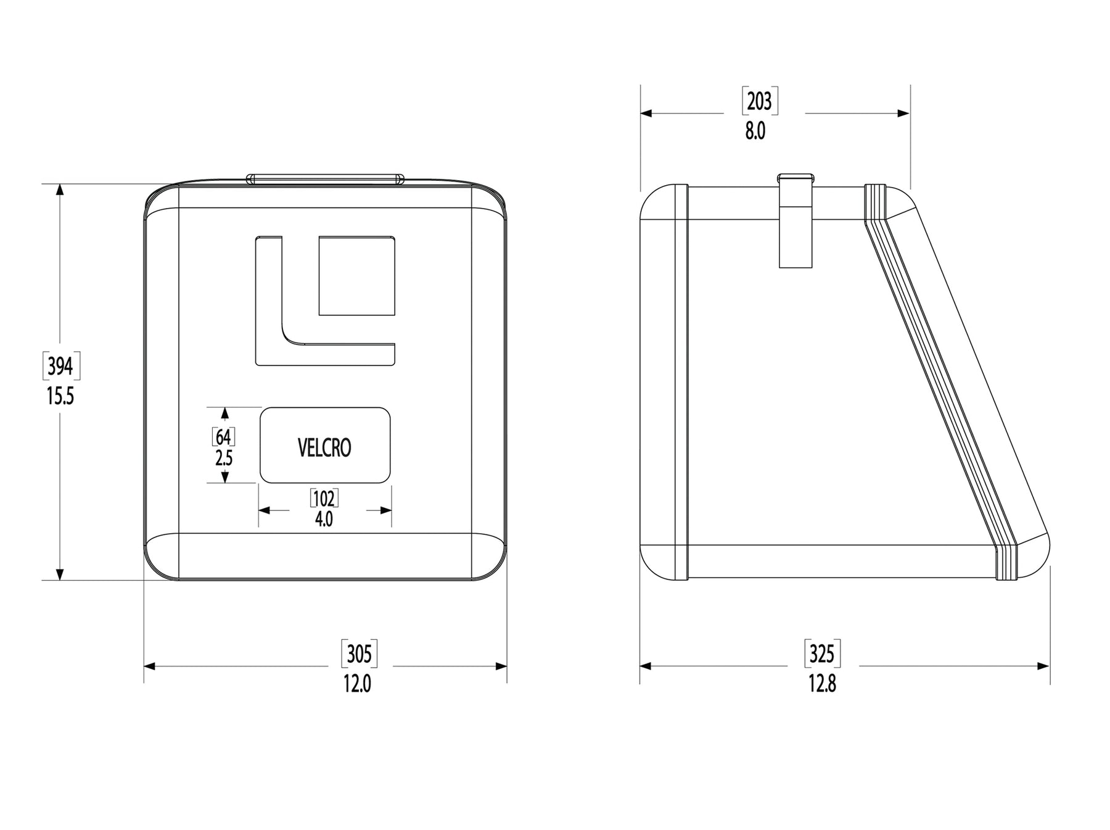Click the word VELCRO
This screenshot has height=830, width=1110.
point(324,447)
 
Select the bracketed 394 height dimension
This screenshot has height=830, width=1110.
point(60,367)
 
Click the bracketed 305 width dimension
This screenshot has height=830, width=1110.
point(360,654)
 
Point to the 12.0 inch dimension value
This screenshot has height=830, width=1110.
point(358,684)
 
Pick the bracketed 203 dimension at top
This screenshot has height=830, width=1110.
point(759,101)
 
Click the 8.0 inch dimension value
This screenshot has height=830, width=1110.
point(755,131)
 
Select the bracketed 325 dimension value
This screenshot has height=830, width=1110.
point(823,654)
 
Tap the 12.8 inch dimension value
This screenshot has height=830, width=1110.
point(823,684)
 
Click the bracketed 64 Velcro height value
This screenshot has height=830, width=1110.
point(223,437)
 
